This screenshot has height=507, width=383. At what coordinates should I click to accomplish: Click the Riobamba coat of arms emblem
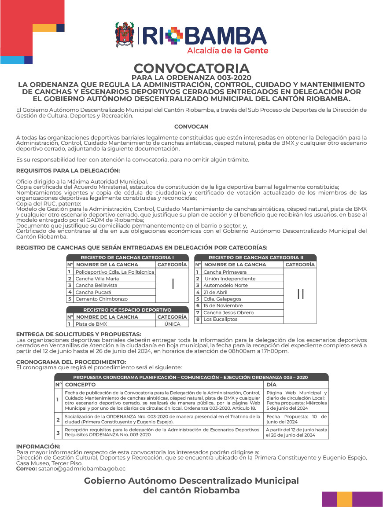[x=125, y=35]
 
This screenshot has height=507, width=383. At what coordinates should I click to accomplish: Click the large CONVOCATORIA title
[x=191, y=69]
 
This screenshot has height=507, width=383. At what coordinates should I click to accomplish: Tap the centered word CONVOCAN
[x=191, y=126]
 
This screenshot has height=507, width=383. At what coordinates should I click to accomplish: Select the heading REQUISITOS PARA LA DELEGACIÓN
[x=68, y=170]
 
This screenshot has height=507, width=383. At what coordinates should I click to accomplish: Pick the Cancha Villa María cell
[x=97, y=279]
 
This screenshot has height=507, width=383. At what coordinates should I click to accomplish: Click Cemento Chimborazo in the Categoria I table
[x=101, y=299]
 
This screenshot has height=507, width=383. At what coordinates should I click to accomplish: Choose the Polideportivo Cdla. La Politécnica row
[x=114, y=272]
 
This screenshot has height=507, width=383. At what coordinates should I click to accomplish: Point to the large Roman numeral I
[x=173, y=284]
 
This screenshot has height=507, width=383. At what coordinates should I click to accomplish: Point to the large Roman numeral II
[x=300, y=294]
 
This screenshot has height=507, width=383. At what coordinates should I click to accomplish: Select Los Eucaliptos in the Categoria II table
[x=220, y=319]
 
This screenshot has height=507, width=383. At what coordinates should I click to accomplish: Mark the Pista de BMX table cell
[x=91, y=324]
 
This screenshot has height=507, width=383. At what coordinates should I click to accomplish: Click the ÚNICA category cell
[x=172, y=324]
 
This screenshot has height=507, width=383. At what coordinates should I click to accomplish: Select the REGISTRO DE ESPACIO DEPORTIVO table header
[x=127, y=310]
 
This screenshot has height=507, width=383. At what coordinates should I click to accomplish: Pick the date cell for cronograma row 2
[x=296, y=419]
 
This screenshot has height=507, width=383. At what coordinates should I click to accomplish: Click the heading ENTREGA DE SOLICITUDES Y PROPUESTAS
[x=78, y=334]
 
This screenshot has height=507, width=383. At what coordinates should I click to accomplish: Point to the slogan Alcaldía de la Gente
[x=228, y=51]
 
